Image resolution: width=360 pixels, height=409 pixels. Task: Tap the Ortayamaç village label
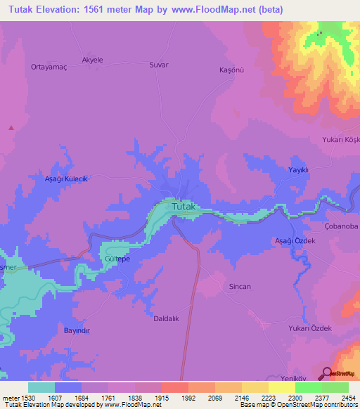coord(47,67)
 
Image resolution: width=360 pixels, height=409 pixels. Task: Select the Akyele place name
coord(93,60)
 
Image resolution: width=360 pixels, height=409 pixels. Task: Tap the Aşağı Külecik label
coord(65,179)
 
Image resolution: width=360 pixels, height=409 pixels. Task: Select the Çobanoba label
coord(342,226)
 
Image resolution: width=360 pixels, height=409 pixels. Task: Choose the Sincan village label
coord(240,287)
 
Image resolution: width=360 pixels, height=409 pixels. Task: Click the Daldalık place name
coord(168,318)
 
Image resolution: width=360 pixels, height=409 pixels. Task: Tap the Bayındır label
coord(77,330)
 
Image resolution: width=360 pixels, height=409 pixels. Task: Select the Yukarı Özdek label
coord(309,328)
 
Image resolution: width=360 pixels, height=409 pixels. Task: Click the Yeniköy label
coord(302,375)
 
